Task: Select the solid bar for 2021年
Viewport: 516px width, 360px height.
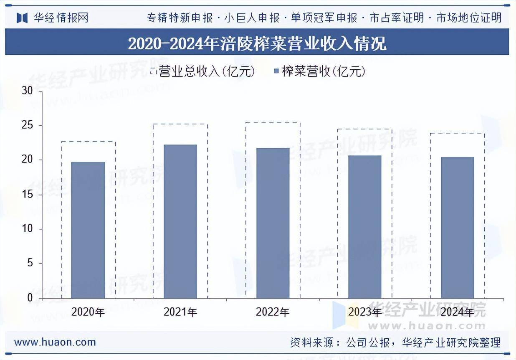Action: pos(180,221)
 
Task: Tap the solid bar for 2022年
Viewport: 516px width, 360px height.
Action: pos(273,223)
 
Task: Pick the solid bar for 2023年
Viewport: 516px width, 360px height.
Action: pos(365,227)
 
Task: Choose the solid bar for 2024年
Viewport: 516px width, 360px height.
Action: pos(458,228)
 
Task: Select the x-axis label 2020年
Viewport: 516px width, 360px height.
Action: pos(88,312)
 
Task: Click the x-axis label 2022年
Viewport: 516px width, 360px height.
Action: pos(273,312)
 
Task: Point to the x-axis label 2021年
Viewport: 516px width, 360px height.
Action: pos(180,312)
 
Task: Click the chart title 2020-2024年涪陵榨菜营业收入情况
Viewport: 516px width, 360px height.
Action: pos(257,43)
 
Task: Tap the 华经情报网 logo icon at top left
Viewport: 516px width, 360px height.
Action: pos(22,18)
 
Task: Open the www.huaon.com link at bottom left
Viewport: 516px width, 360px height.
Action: pos(55,342)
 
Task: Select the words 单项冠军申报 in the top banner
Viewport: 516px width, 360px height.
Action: pos(324,18)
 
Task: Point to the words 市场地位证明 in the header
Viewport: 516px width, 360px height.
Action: pos(468,18)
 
